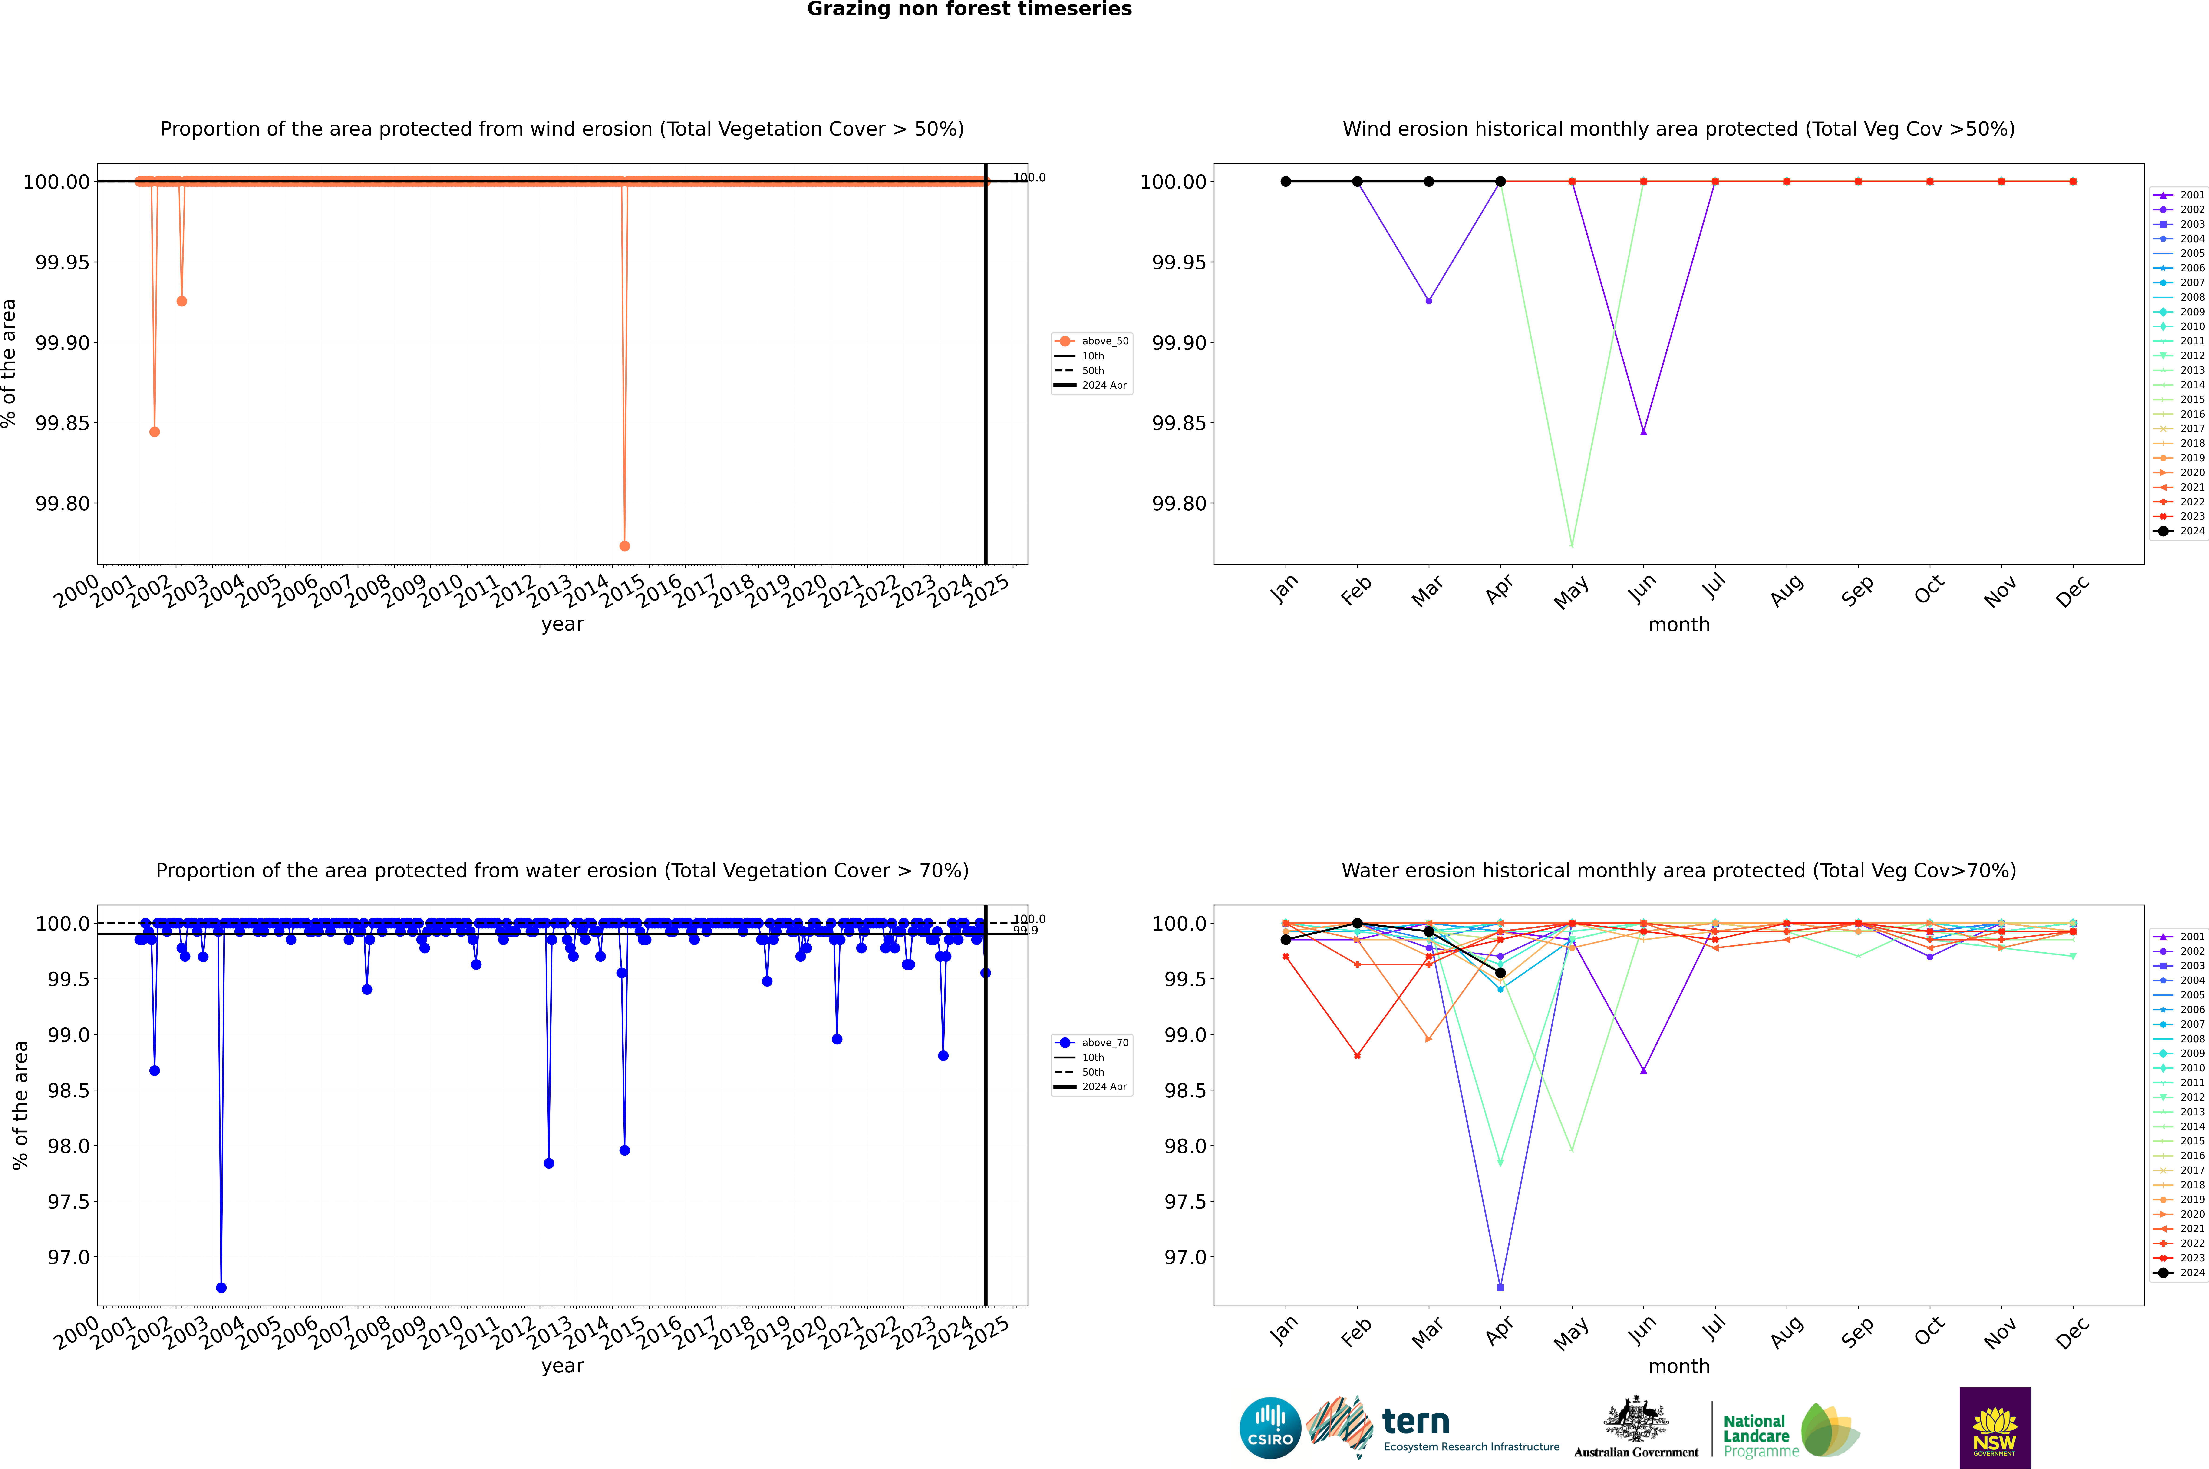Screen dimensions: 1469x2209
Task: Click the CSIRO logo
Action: click(x=1270, y=1428)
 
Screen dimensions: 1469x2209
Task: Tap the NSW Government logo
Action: click(x=1995, y=1428)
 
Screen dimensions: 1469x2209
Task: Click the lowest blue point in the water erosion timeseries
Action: click(x=221, y=1287)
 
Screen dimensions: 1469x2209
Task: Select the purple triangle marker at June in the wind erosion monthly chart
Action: click(x=1643, y=432)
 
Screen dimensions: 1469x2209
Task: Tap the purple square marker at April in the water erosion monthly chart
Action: click(x=1500, y=1287)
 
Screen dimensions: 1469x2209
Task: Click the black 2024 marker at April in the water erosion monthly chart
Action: click(x=1500, y=972)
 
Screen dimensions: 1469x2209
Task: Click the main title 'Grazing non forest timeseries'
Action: click(x=969, y=9)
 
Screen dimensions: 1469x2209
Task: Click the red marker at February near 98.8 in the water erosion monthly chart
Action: click(x=1357, y=1056)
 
